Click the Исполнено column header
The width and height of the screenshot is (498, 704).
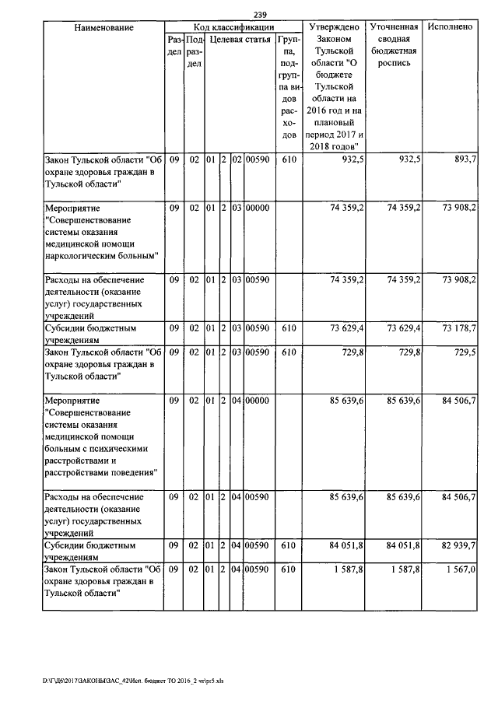[450, 27]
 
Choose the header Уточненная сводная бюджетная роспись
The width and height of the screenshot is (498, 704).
[395, 44]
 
